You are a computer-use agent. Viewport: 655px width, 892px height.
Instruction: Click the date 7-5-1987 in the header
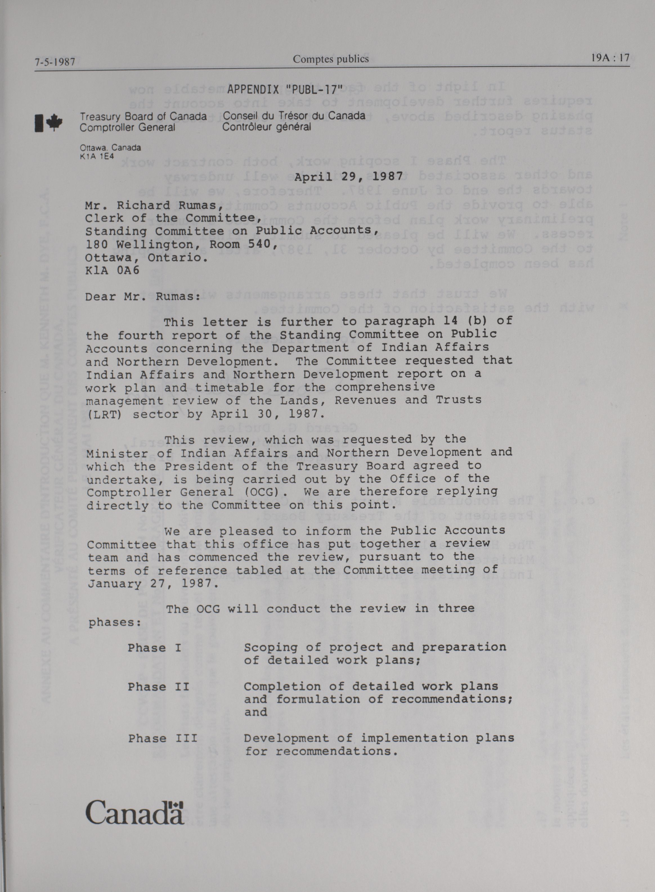[x=55, y=62]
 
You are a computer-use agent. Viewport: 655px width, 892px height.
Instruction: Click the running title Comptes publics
[x=331, y=59]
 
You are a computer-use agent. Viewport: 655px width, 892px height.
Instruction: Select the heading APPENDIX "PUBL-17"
[x=284, y=89]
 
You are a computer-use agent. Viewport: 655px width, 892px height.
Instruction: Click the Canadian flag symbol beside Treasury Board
[x=49, y=122]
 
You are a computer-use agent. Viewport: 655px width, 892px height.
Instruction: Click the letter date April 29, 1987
[x=349, y=176]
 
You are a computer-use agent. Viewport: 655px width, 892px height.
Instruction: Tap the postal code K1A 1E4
[x=97, y=156]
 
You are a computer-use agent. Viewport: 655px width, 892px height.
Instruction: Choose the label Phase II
[x=158, y=687]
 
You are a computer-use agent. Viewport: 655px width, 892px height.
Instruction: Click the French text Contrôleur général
[x=266, y=127]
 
